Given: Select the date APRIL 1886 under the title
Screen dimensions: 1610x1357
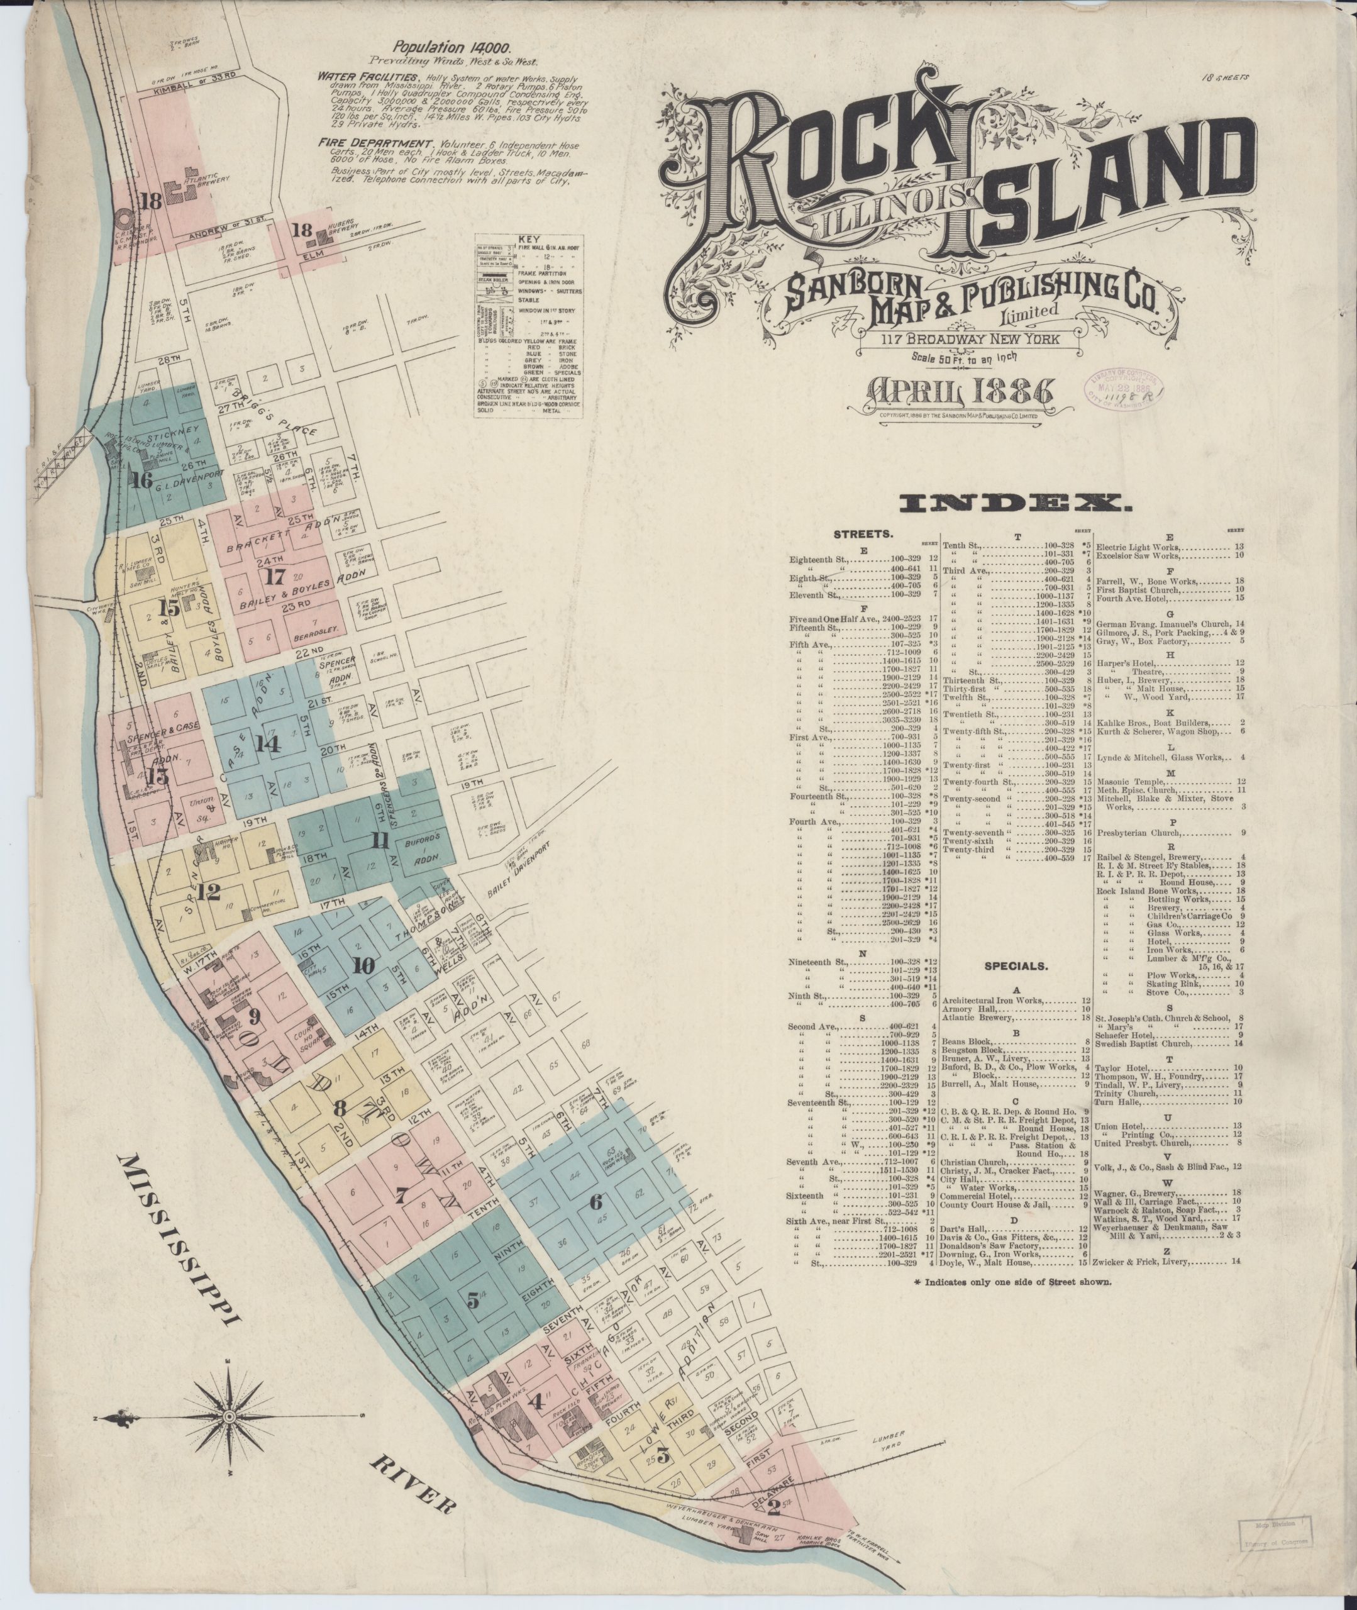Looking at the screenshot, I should [960, 394].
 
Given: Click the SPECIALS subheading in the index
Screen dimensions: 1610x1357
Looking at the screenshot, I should [1017, 965].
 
